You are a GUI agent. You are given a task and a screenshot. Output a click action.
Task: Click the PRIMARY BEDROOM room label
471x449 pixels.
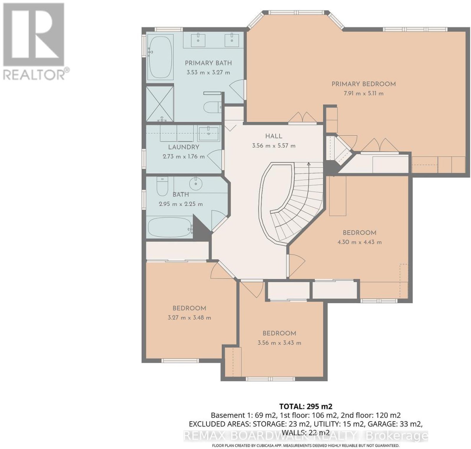[364, 84]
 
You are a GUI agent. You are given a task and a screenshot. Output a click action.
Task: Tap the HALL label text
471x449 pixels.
[274, 136]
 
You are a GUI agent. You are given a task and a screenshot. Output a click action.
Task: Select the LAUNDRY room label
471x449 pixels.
[184, 147]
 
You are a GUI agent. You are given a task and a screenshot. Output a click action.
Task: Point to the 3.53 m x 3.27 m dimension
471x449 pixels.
[208, 72]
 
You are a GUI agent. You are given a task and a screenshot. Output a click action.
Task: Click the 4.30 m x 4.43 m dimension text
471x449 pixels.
[359, 242]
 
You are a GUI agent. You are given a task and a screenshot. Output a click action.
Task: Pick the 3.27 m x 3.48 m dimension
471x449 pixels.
[189, 318]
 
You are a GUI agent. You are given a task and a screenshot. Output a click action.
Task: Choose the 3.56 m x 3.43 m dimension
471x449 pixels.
[279, 343]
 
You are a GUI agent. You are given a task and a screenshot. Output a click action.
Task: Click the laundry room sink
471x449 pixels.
[209, 133]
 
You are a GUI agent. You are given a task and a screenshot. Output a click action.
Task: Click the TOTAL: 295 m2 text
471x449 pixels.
[306, 406]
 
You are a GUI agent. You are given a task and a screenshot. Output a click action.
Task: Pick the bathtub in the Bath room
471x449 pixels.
[169, 227]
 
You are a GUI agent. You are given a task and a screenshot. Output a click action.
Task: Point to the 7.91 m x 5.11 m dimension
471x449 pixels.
[362, 94]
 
